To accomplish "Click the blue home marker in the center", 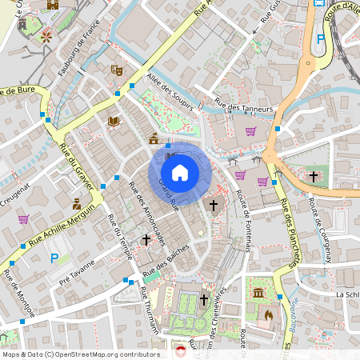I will pyautogui.click(x=180, y=173).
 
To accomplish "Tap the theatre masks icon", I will pyautogui.click(x=116, y=70).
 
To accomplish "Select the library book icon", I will pyautogui.click(x=113, y=121).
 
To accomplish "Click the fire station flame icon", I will pyautogui.click(x=268, y=315).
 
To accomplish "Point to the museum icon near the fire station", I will pyautogui.click(x=258, y=294).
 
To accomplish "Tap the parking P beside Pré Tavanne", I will pyautogui.click(x=54, y=258).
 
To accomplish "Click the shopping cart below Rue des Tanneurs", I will pyautogui.click(x=250, y=131).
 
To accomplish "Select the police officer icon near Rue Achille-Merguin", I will pyautogui.click(x=77, y=204).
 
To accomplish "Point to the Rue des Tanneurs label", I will pyautogui.click(x=244, y=105).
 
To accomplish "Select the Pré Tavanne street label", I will pyautogui.click(x=76, y=281).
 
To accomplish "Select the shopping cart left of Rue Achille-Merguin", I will pyautogui.click(x=23, y=218).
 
